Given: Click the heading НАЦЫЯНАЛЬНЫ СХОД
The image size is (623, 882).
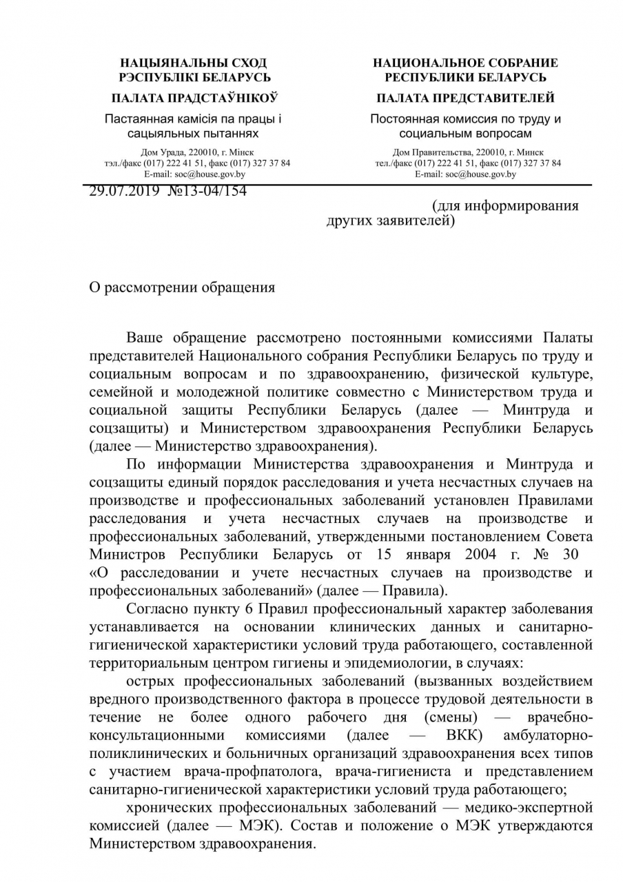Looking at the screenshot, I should click(194, 63).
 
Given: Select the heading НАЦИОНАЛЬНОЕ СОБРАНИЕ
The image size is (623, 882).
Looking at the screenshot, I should click(465, 63).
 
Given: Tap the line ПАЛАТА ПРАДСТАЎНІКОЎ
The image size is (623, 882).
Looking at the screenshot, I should click(194, 98).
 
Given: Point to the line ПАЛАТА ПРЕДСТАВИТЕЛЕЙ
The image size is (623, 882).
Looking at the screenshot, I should click(465, 98).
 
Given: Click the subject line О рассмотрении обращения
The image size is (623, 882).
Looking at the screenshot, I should click(183, 287).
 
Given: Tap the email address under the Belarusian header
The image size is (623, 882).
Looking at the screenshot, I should click(210, 174).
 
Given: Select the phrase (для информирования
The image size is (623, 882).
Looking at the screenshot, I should click(505, 206).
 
